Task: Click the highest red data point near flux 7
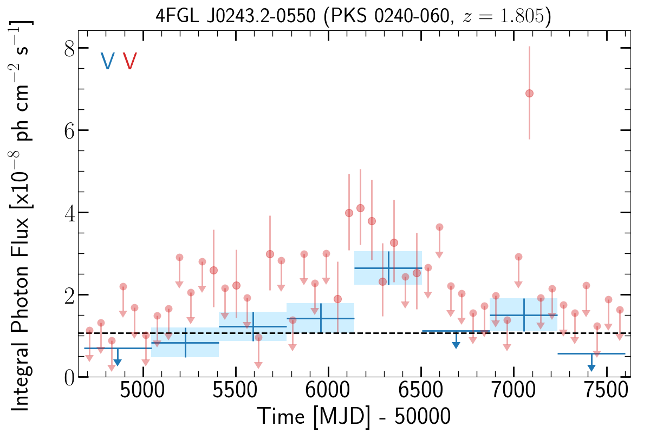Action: click(529, 94)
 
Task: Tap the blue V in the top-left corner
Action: click(107, 61)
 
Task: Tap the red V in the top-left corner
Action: click(129, 61)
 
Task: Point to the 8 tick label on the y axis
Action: click(69, 48)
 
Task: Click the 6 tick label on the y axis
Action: click(69, 131)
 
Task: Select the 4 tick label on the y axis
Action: click(69, 213)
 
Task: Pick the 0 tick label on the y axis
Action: click(69, 378)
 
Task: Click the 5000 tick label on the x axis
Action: click(143, 391)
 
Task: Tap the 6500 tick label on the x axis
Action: click(421, 391)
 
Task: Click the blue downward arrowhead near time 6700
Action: click(456, 345)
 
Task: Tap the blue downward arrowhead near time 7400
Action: click(591, 368)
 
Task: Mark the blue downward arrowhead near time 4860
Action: click(118, 363)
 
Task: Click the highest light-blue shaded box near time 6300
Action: click(388, 268)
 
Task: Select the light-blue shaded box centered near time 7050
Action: click(523, 314)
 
